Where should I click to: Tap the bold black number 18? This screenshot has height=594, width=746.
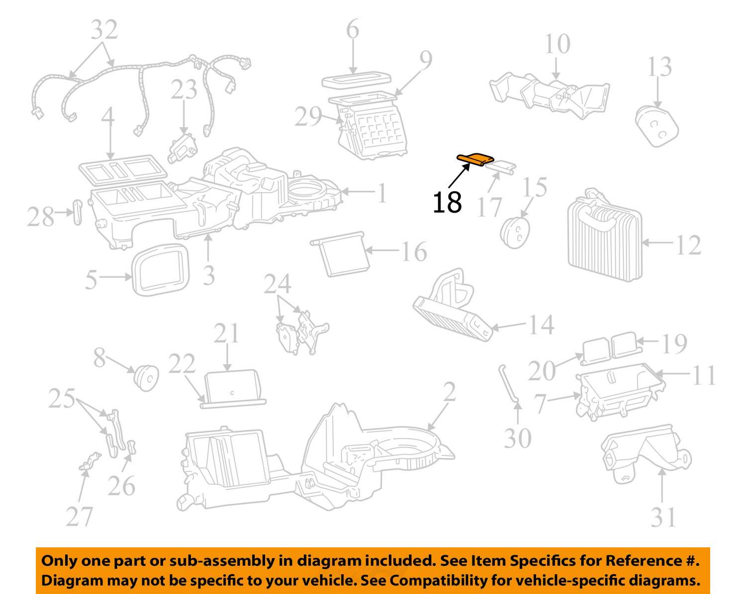click(447, 203)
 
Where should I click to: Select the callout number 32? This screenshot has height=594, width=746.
click(104, 30)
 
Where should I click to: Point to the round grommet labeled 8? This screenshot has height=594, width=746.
click(146, 377)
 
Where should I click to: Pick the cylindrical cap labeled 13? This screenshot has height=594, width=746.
click(656, 127)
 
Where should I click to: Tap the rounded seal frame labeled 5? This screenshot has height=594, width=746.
click(161, 270)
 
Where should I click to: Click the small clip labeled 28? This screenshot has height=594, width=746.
click(77, 212)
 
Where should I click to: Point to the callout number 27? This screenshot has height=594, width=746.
click(80, 517)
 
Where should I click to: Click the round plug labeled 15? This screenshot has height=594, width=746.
click(515, 232)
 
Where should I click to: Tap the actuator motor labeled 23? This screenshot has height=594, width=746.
click(182, 148)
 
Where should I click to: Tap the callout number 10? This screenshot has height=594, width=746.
click(557, 44)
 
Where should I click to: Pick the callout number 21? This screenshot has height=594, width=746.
click(226, 333)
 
